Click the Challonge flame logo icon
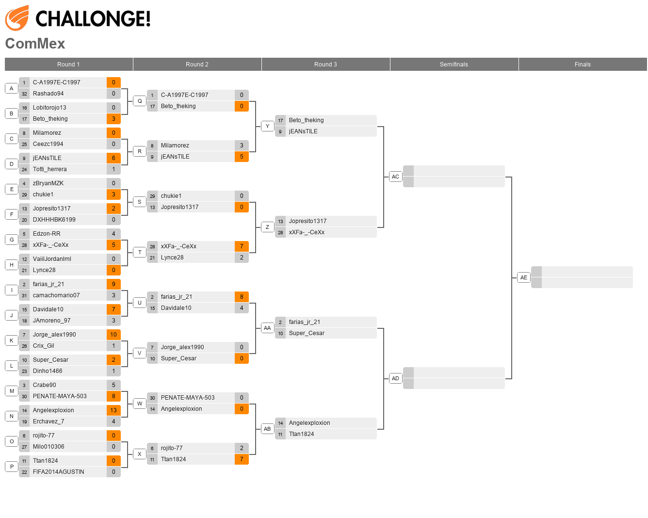coord(17,18)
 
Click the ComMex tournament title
coord(35,44)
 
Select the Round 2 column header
coord(197,65)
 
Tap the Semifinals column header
coord(454,65)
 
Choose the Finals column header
coord(583,65)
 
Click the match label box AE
coord(523,277)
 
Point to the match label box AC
coord(395,177)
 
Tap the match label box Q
coord(140,101)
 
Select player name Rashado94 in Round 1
coord(49,94)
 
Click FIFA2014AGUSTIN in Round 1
coord(59,472)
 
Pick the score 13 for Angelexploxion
coord(113,410)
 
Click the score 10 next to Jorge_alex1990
coord(113,335)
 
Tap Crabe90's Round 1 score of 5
coord(113,385)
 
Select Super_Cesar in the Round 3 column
coord(307,333)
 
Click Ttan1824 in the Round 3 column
coord(301,434)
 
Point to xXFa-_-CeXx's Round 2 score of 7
coord(242,246)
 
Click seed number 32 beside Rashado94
coord(24,94)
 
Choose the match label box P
coord(12,467)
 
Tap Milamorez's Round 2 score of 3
coord(242,146)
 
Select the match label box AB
coord(267,429)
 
